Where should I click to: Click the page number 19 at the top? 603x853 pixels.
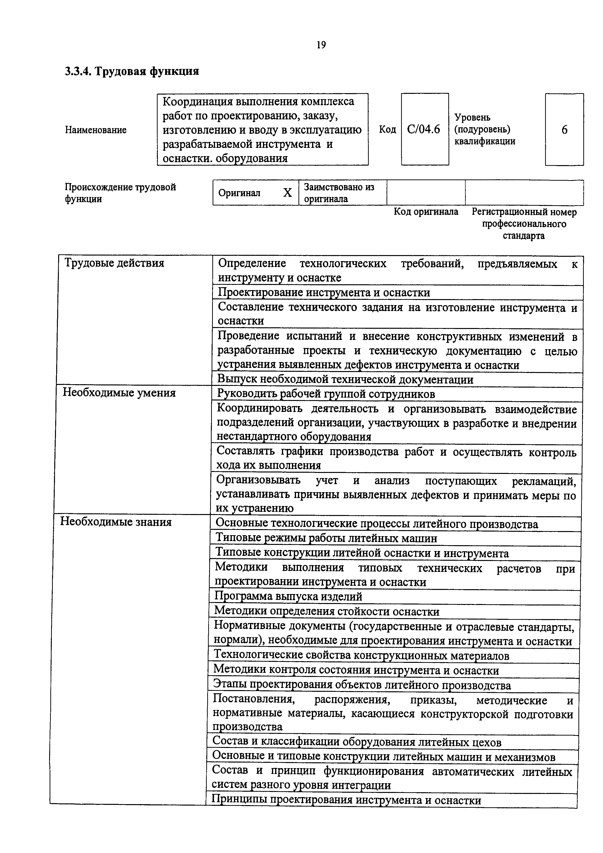pos(321,45)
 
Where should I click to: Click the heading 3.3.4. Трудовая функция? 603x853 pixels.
pos(132,71)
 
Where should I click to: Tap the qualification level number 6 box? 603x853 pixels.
pos(564,129)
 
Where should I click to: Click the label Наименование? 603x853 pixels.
pos(96,130)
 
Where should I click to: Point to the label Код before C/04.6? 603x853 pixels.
pos(387,129)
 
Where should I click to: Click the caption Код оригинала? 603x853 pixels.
pos(426,212)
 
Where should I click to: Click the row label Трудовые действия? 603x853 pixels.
pos(114,263)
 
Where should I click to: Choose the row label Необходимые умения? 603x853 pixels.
pos(119,393)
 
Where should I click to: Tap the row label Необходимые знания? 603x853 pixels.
pos(116,522)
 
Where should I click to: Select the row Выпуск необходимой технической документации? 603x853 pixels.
pos(345,380)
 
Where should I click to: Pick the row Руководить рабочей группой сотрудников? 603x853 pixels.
pos(326,394)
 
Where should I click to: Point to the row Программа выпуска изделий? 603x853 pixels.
pos(288,596)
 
